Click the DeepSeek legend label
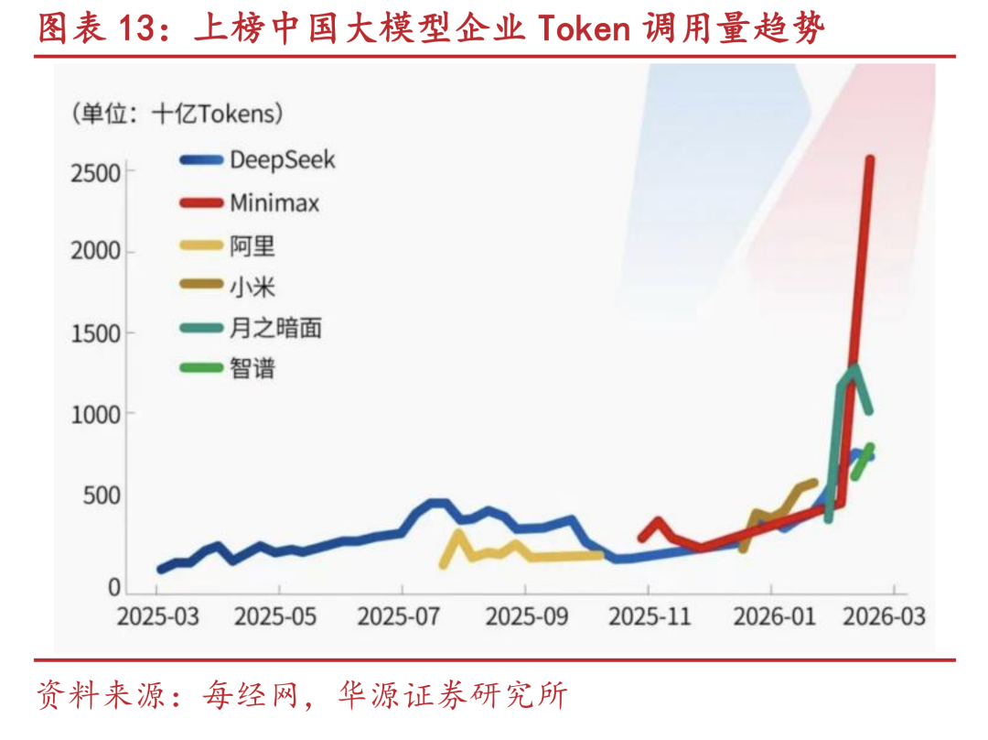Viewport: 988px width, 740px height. (x=283, y=160)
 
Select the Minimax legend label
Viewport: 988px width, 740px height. (x=274, y=203)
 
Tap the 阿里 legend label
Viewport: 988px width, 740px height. (x=252, y=245)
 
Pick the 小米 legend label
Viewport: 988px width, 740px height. (x=252, y=287)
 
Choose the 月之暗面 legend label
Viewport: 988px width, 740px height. (x=276, y=328)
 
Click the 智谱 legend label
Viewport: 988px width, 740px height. (x=252, y=368)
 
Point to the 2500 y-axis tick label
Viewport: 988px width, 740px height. (x=96, y=173)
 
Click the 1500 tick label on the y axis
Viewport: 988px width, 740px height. (x=96, y=333)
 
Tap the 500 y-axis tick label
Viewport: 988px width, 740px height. (x=102, y=495)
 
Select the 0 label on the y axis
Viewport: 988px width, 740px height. (x=114, y=587)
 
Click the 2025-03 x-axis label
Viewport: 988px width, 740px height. (x=158, y=616)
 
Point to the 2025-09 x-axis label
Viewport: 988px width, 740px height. (x=527, y=616)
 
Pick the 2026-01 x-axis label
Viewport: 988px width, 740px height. (x=775, y=616)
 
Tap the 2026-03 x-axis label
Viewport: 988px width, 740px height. (x=885, y=616)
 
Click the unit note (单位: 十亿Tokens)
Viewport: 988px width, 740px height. (x=177, y=114)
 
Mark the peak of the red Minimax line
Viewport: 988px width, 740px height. (x=870, y=159)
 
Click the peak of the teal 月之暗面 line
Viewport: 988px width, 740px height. (x=854, y=366)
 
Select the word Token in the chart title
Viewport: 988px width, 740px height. (x=584, y=29)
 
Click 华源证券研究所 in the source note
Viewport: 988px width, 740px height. (x=453, y=695)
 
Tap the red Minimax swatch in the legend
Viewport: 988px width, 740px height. (x=201, y=203)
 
